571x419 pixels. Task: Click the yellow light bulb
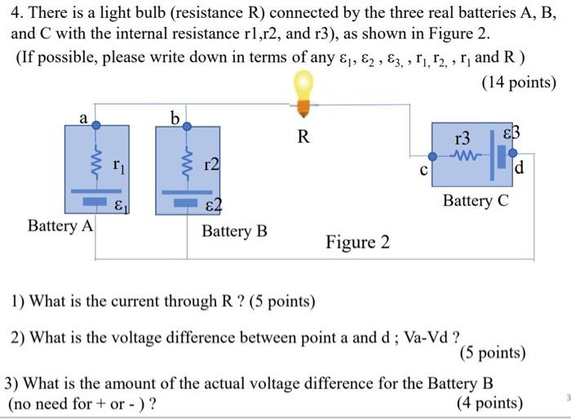click(x=303, y=87)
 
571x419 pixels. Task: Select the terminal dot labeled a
click(x=95, y=125)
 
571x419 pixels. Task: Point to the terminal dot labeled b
click(x=187, y=126)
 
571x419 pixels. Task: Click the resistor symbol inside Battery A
click(x=96, y=160)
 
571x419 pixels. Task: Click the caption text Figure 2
click(x=357, y=243)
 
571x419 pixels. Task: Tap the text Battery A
click(x=60, y=225)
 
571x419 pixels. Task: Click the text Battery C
click(x=476, y=200)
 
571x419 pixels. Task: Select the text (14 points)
click(x=519, y=83)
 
